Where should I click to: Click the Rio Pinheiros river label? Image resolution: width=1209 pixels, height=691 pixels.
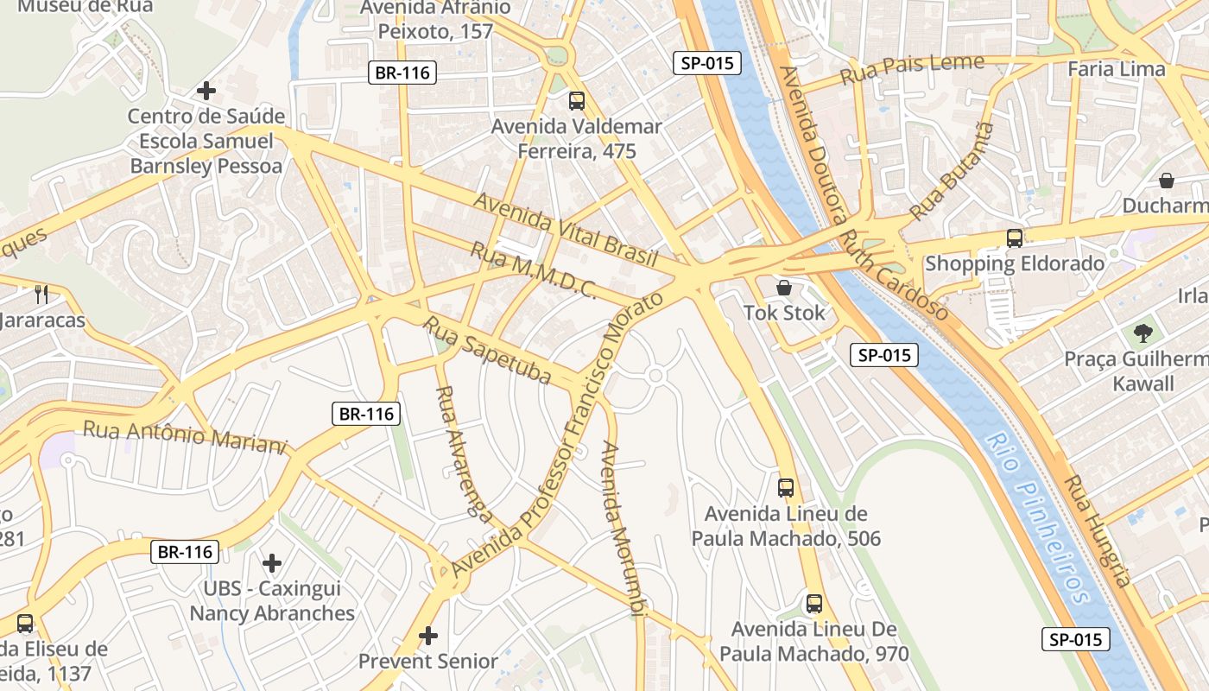click(1040, 518)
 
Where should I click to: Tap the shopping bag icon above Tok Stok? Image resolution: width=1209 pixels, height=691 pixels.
click(784, 288)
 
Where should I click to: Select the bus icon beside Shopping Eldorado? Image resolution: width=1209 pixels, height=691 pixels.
click(1015, 238)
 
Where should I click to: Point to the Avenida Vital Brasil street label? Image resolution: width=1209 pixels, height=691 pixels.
click(566, 230)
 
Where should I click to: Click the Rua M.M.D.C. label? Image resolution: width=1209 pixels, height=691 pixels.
click(533, 271)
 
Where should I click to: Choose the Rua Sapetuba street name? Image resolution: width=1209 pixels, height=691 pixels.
click(487, 350)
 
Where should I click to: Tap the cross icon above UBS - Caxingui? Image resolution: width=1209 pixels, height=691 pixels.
click(272, 564)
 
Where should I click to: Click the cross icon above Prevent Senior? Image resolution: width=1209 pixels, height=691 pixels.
click(428, 637)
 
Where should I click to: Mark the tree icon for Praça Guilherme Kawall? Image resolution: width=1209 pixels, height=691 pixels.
click(1143, 333)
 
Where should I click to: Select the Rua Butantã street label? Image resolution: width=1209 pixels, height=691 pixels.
click(953, 170)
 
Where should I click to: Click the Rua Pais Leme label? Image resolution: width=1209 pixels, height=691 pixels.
click(912, 68)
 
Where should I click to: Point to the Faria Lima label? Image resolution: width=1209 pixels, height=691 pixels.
click(1117, 68)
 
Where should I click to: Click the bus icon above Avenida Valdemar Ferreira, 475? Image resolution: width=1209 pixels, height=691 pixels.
click(577, 101)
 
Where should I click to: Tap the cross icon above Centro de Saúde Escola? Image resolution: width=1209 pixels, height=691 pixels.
click(206, 91)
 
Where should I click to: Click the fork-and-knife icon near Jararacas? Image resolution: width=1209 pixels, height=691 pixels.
click(41, 294)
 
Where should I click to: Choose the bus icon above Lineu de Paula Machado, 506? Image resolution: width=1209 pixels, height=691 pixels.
click(786, 488)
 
